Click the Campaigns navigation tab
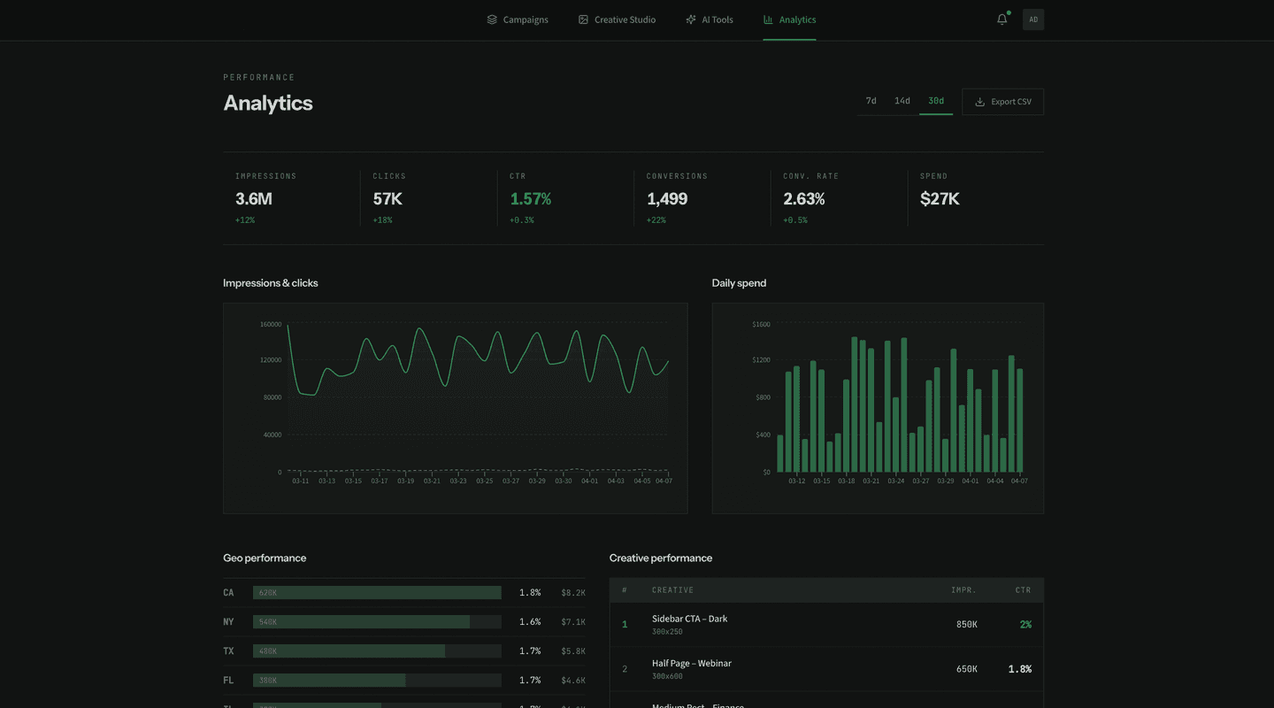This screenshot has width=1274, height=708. [518, 19]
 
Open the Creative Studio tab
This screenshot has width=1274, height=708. [617, 19]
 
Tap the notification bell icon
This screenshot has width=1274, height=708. [1002, 19]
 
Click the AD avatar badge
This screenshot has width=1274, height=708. [1032, 19]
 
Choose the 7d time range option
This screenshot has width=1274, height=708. [871, 101]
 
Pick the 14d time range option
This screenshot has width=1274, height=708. [902, 101]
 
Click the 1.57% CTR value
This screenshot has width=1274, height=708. [530, 199]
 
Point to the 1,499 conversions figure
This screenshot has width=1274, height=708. [666, 199]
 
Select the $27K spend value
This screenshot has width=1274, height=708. [939, 199]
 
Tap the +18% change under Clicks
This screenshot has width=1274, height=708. [382, 220]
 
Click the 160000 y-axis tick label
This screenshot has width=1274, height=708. [270, 325]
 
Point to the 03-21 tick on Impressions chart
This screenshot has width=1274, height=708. [432, 481]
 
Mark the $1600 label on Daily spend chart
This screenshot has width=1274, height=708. [760, 325]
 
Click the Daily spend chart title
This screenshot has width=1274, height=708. [739, 283]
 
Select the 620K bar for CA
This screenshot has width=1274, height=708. [377, 593]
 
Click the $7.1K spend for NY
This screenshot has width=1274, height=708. [572, 622]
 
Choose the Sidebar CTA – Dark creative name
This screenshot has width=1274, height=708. [689, 619]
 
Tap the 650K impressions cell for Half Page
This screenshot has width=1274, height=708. [966, 669]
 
